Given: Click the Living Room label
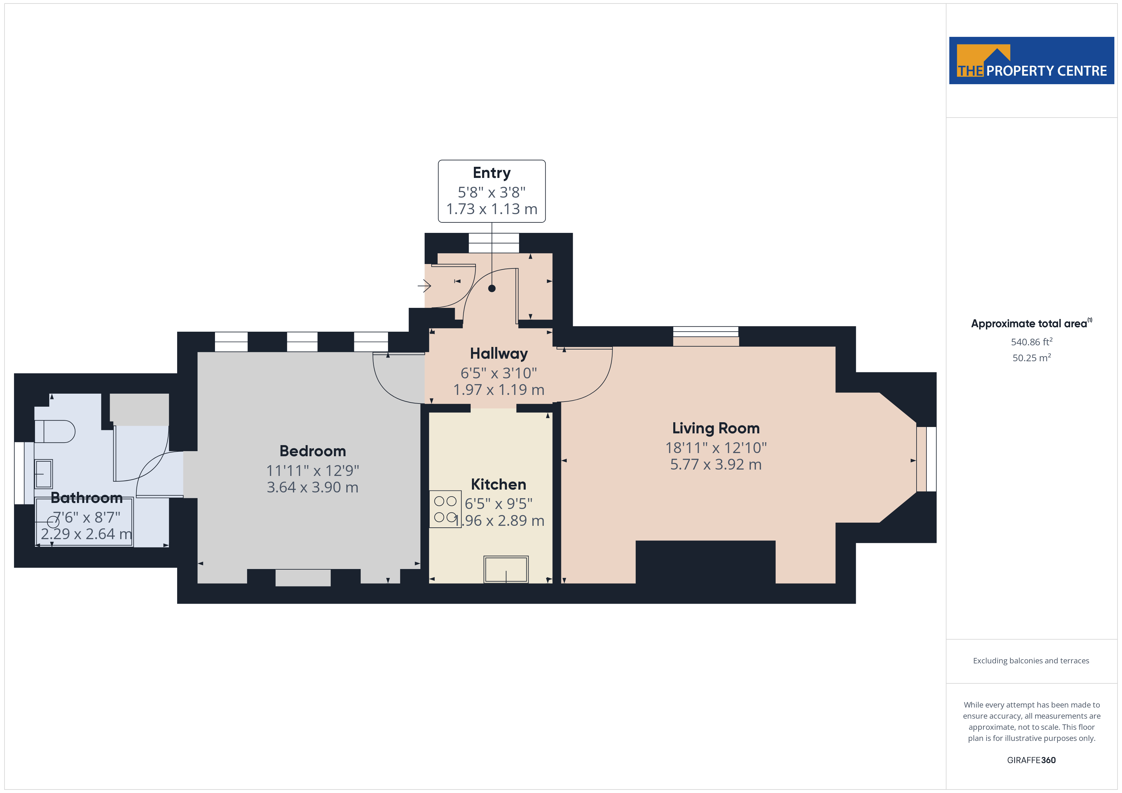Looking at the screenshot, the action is pyautogui.click(x=716, y=428).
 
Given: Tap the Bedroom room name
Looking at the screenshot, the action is pyautogui.click(x=312, y=451).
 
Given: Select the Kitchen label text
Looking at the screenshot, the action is pyautogui.click(x=498, y=485).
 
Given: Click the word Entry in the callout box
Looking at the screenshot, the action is pyautogui.click(x=492, y=173).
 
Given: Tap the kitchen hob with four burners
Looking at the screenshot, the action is pyautogui.click(x=445, y=509).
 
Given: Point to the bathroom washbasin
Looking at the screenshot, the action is pyautogui.click(x=44, y=474).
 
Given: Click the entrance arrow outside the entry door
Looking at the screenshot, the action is pyautogui.click(x=424, y=285).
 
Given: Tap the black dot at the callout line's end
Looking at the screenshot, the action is pyautogui.click(x=492, y=288).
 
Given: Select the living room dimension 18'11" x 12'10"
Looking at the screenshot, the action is pyautogui.click(x=716, y=447).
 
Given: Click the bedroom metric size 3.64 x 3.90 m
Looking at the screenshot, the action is pyautogui.click(x=312, y=487).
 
